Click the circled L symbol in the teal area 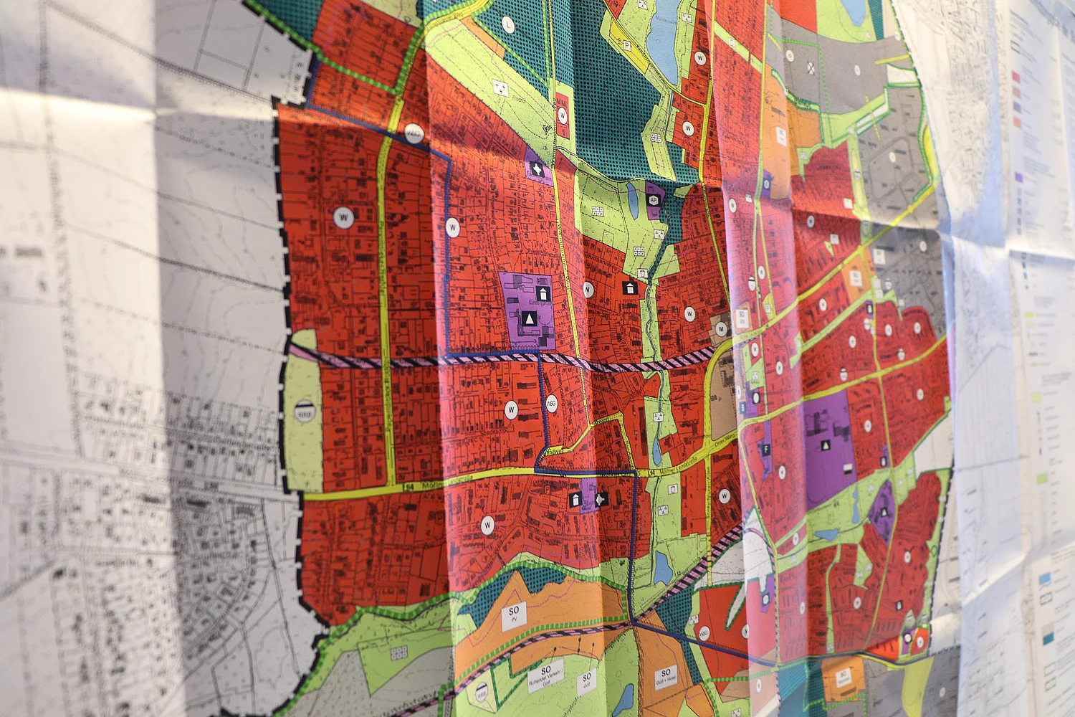coord(508,24)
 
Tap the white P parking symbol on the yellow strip coord(627,45)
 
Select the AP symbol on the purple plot coord(653,201)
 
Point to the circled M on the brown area coord(722,328)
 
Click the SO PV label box coord(513,614)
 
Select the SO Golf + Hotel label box coord(665,677)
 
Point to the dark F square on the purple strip coord(766,450)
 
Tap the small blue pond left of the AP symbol coord(631,195)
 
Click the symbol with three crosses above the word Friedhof coord(500,87)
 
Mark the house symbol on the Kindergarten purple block coord(543,293)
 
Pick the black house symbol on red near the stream coord(630,288)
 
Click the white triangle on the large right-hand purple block coord(826,445)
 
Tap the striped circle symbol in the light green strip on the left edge coord(305,414)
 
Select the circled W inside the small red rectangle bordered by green coord(563,115)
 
